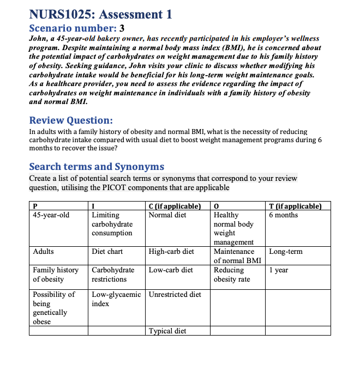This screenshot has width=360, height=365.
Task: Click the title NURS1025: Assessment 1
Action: pos(100,14)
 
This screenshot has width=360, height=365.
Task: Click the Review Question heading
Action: pos(71,120)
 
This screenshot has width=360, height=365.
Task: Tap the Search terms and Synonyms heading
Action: pos(96,167)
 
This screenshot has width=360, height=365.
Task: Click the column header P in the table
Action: pos(35,206)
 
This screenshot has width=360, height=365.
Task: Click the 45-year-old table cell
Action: pos(51,215)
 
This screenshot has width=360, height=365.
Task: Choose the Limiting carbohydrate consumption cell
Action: pos(112,224)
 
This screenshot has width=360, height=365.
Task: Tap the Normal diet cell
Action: pos(167,215)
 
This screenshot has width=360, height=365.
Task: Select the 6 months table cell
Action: pos(284,215)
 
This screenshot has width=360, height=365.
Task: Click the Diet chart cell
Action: pos(107,252)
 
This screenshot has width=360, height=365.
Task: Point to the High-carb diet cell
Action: pos(171,252)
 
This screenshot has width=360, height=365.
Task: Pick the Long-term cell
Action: pos(286,252)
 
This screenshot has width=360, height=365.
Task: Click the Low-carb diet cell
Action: pos(171,270)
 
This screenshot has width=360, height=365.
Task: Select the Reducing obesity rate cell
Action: pos(232,275)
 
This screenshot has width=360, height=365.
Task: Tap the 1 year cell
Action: pos(278,270)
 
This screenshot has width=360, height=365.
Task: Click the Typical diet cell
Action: pos(167,331)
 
